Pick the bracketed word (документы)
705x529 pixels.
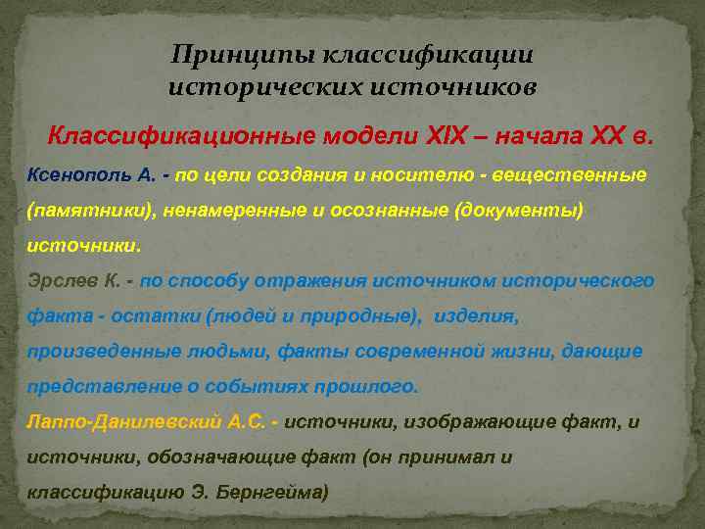point(513,211)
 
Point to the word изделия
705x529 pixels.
point(480,315)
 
